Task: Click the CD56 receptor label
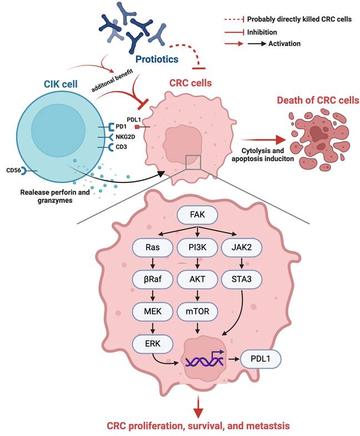15,170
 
